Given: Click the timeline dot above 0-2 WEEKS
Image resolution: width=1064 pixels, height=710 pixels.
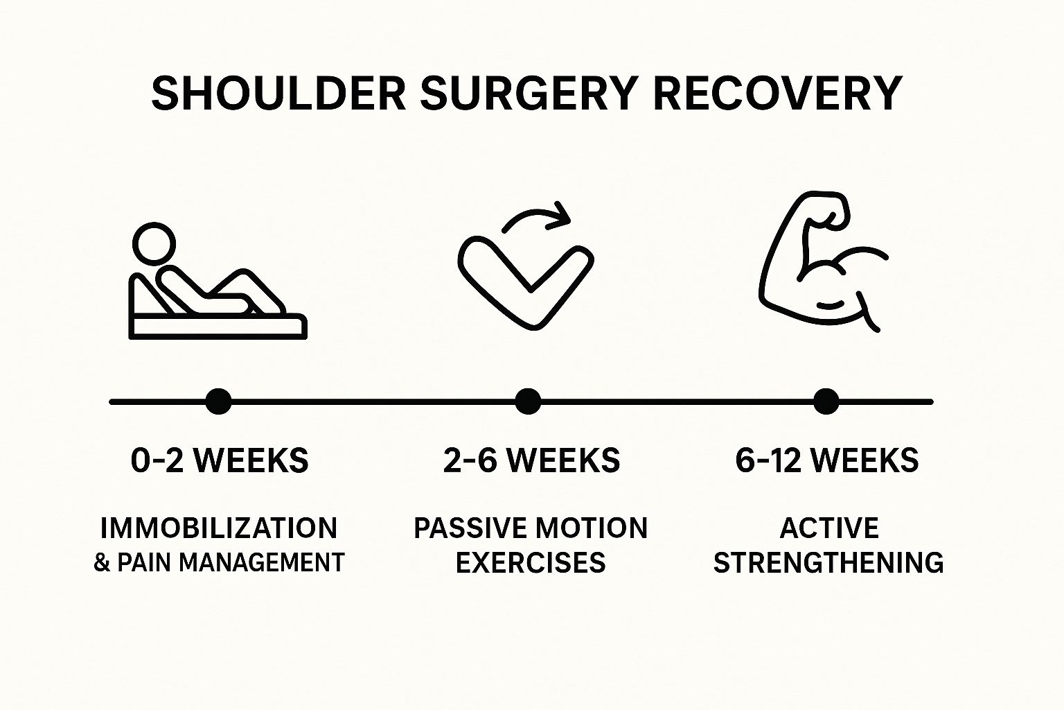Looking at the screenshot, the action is [x=219, y=401].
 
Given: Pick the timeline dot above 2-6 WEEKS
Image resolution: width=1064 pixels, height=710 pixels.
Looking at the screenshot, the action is [x=528, y=401].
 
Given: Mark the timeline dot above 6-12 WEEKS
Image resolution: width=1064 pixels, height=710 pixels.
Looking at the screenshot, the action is [x=826, y=401].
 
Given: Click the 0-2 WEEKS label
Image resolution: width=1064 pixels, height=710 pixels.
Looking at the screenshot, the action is [x=220, y=460].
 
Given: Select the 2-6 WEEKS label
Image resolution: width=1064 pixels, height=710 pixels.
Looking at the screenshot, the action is [x=531, y=460].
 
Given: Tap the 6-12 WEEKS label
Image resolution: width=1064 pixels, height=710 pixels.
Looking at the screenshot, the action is [x=827, y=460].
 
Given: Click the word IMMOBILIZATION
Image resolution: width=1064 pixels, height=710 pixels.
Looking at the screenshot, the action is [x=219, y=528].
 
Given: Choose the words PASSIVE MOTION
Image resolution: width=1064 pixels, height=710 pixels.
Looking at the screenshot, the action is [x=531, y=528].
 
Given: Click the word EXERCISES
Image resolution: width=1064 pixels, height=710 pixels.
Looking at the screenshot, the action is [x=531, y=562].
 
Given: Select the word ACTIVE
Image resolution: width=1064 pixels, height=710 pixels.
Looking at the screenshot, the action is [x=829, y=528].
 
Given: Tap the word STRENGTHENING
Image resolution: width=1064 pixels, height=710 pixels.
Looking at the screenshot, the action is [x=828, y=562].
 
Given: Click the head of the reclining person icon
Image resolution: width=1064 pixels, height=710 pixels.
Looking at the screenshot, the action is [x=154, y=245].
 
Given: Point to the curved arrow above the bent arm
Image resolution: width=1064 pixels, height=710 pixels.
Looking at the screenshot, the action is [x=537, y=216].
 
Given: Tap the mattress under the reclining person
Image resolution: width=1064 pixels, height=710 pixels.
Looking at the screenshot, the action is [x=218, y=326].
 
